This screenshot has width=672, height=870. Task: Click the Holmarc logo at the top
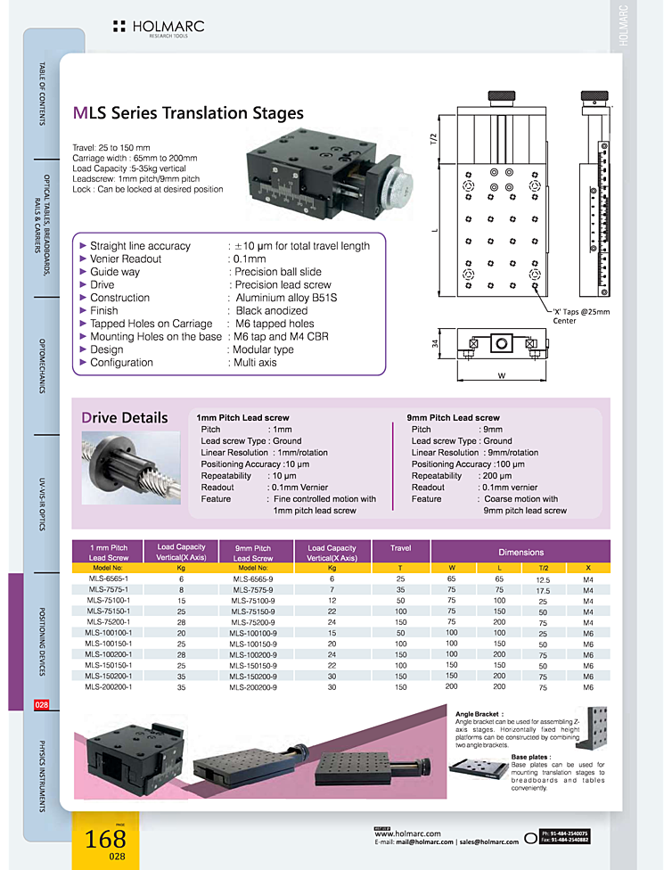[159, 28]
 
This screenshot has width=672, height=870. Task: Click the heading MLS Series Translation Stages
[188, 113]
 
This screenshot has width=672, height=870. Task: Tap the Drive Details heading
[125, 417]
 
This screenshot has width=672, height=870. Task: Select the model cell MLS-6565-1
[109, 579]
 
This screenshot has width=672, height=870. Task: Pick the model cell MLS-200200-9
[253, 687]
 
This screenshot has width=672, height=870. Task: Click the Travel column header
[401, 548]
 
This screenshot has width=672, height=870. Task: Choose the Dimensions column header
[521, 553]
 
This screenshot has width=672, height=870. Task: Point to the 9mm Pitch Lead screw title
[453, 417]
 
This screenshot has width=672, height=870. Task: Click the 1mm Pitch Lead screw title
[242, 417]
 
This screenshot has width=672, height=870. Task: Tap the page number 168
[105, 839]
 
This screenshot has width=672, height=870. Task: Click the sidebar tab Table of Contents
[41, 94]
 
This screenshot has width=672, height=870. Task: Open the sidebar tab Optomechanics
[41, 365]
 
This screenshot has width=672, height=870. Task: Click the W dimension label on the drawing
[501, 375]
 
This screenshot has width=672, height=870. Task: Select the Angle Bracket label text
[478, 714]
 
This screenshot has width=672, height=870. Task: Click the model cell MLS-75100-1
[109, 601]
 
